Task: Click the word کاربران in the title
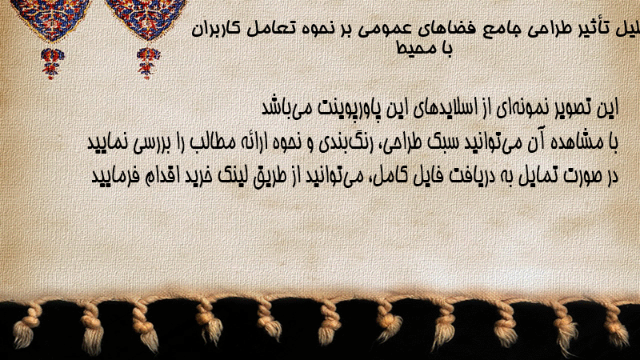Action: (215, 30)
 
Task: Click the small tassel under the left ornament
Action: (52, 63)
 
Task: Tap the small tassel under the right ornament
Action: (148, 62)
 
